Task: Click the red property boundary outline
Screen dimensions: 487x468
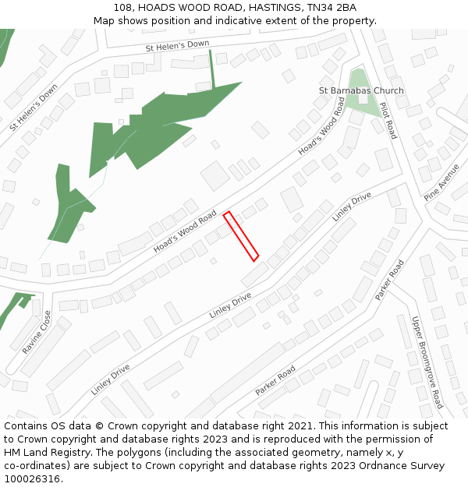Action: coord(241,235)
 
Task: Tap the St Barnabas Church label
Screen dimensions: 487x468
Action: coord(361,90)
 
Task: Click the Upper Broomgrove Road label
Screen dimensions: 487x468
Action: coord(427,362)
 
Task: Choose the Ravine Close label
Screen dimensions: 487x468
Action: coord(37,333)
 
